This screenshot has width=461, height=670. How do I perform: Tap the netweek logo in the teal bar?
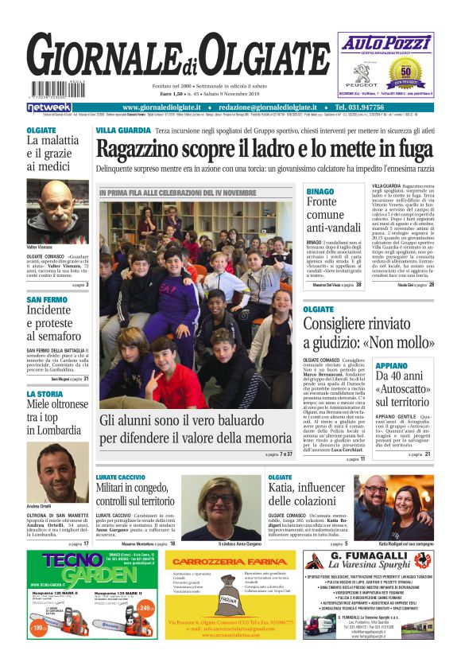pos(48,107)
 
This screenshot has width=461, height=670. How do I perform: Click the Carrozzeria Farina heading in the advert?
pos(230,562)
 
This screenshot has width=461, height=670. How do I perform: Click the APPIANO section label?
pos(391,367)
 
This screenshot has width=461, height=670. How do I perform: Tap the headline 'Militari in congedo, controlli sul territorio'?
pos(139,493)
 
